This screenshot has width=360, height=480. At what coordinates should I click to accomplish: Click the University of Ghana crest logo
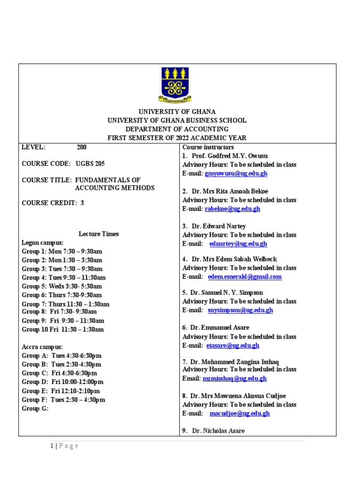(175, 84)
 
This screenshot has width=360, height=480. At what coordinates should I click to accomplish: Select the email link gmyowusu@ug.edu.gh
(236, 173)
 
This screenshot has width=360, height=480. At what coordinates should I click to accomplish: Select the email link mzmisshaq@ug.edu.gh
(234, 378)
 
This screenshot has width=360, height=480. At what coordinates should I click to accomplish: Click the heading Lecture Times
(98, 234)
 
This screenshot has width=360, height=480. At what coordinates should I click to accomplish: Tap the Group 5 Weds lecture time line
(62, 286)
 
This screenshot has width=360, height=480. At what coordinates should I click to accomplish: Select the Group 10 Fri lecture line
(63, 330)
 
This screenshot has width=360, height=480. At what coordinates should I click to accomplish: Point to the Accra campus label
(42, 347)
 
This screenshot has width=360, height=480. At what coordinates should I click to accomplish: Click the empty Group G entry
(35, 408)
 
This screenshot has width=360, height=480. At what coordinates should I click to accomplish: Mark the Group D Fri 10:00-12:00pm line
(62, 382)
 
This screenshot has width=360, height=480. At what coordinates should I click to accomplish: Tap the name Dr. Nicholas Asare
(218, 430)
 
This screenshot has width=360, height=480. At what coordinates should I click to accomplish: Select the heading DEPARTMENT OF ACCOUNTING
(177, 129)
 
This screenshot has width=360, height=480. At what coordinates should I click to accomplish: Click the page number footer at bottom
(64, 446)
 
